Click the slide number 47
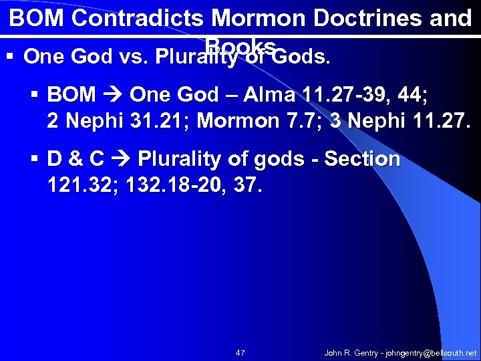tap(240, 352)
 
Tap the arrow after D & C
tap(121, 159)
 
